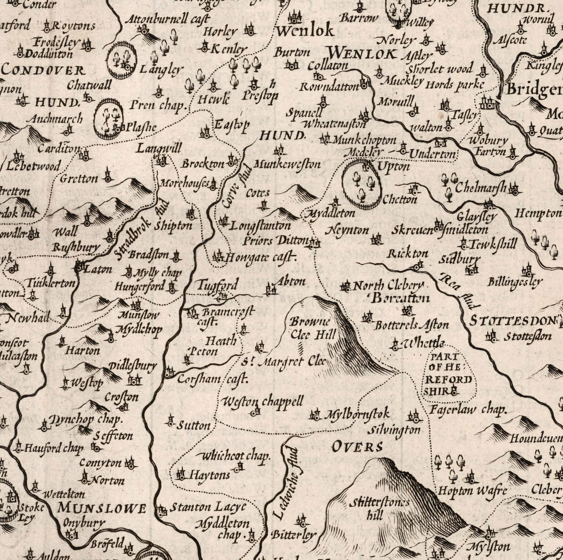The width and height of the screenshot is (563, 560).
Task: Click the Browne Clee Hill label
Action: [313, 328]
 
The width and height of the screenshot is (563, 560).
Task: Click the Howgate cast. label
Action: [260, 258]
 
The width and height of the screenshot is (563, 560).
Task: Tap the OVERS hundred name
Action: [358, 447]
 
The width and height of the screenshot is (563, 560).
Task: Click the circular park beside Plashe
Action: [109, 118]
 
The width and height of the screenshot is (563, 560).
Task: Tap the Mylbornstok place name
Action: [358, 414]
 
